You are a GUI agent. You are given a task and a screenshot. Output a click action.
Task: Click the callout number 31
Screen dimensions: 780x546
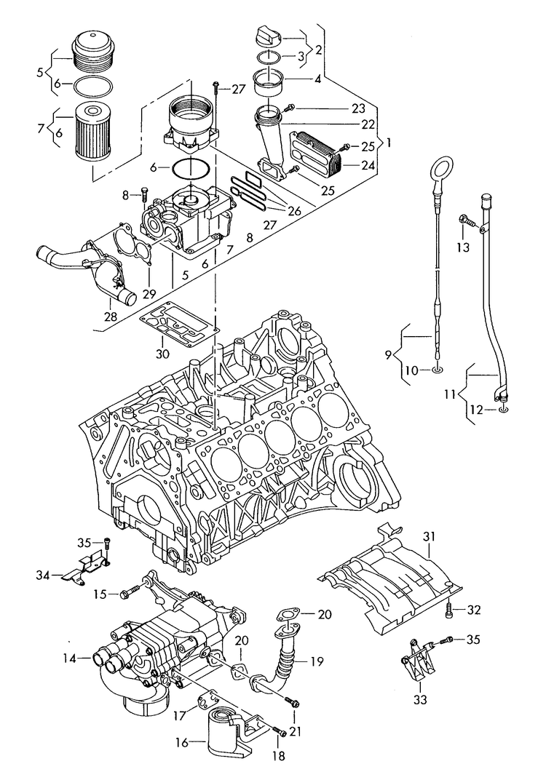click(x=430, y=537)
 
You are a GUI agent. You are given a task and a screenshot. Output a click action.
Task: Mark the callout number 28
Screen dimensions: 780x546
click(x=111, y=317)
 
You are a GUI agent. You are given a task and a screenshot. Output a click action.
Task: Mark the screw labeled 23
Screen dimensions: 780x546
click(x=290, y=108)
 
